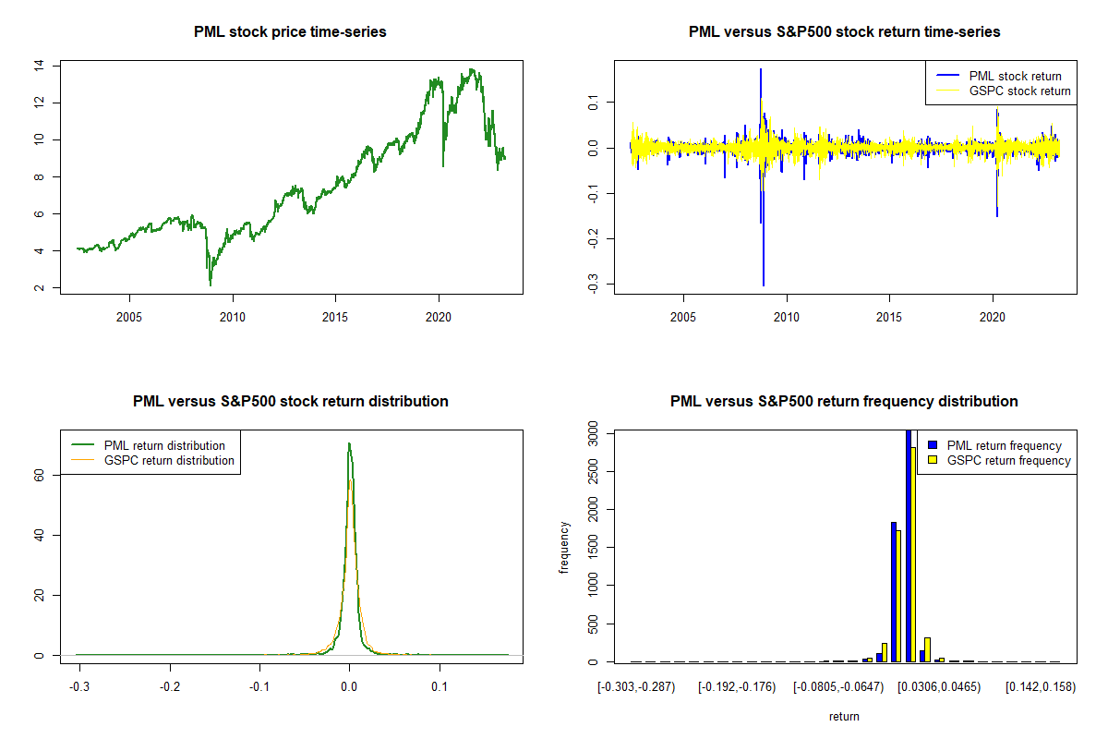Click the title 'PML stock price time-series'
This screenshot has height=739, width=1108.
pos(290,31)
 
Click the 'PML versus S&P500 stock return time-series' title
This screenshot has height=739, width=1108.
pos(844,31)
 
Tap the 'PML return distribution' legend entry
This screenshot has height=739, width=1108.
pos(164,445)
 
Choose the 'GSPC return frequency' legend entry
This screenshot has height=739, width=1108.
pos(1009,460)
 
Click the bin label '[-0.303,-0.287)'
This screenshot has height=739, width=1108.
pos(637,687)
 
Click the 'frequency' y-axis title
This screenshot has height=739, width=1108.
pos(565,547)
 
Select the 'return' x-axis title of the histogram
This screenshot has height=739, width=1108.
pos(844,716)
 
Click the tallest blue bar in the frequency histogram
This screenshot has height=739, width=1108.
pos(909,545)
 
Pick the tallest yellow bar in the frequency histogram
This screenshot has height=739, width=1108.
pos(914,554)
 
